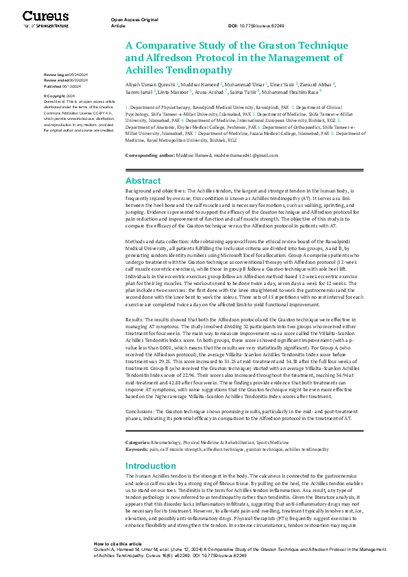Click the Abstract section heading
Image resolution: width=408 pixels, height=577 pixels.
(143, 180)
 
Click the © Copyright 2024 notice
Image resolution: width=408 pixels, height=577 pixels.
(60, 97)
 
